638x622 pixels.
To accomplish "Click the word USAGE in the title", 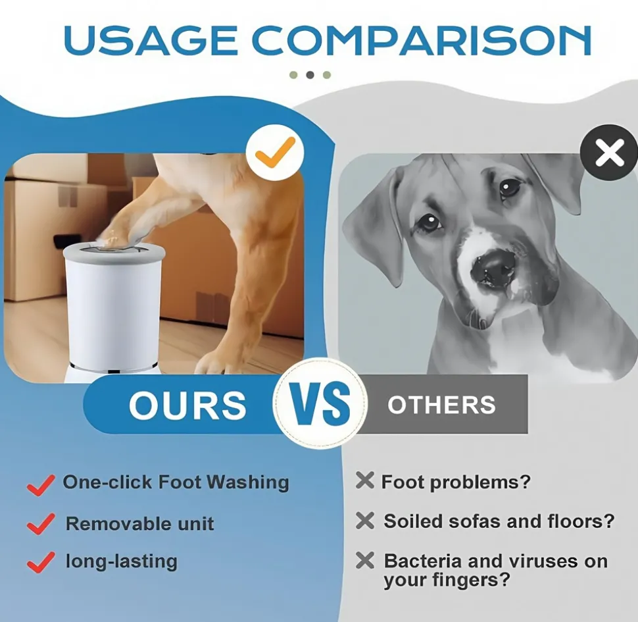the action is click(150, 40).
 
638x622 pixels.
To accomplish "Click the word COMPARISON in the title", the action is click(421, 40).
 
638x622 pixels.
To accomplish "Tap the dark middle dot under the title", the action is click(310, 75).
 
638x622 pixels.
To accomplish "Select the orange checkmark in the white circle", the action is click(275, 152).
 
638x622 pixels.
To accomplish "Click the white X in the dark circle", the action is click(610, 153).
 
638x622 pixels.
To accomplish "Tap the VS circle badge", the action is click(320, 403).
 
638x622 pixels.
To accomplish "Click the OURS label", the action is click(187, 405).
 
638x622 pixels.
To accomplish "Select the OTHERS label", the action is click(442, 405).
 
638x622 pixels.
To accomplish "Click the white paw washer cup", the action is click(113, 307).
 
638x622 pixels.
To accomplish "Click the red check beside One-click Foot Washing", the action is click(41, 485).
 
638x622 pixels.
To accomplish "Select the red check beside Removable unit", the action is click(41, 523).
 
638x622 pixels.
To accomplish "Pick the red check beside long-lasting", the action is click(41, 562).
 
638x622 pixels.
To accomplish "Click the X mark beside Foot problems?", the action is click(364, 480).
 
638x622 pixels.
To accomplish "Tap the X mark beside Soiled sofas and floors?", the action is click(364, 520).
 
